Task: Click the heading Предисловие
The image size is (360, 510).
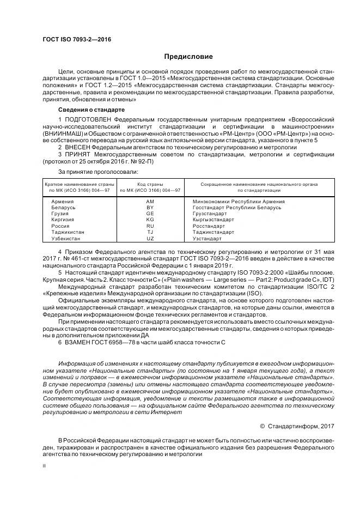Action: click(x=188, y=57)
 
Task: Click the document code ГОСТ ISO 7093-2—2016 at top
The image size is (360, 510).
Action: click(x=77, y=40)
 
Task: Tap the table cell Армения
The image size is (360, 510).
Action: click(x=62, y=202)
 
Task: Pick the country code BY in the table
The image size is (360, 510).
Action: click(x=150, y=208)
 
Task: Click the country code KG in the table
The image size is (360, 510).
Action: click(x=150, y=220)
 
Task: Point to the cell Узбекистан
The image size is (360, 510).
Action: click(x=66, y=238)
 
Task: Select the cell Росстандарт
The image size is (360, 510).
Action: click(x=209, y=226)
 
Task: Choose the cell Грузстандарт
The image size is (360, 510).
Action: click(x=210, y=214)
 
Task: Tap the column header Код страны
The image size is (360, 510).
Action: click(x=150, y=184)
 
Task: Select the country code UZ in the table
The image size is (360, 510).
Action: click(x=150, y=238)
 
